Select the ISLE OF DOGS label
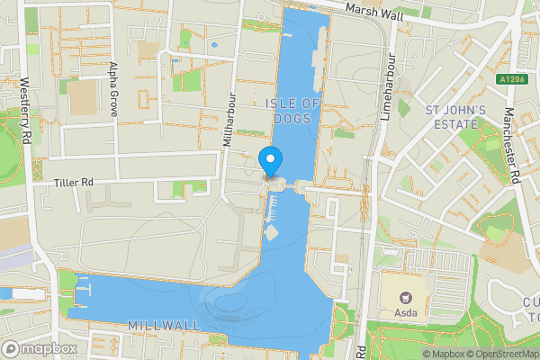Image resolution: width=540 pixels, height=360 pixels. [293, 111]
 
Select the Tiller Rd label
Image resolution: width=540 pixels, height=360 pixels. [75, 182]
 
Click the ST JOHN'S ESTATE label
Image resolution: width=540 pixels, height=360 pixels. [455, 118]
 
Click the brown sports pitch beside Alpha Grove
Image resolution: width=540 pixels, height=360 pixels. [82, 98]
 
